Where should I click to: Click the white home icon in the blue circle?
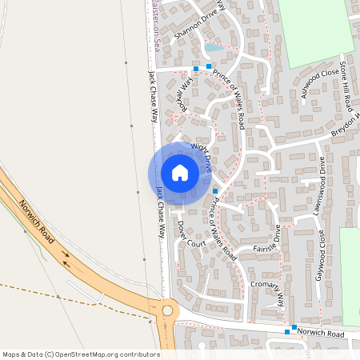pos(180,173)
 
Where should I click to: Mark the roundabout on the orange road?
pos(167,310)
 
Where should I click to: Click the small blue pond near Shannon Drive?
pos(212,48)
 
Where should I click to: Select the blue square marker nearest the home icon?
pos(214,190)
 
